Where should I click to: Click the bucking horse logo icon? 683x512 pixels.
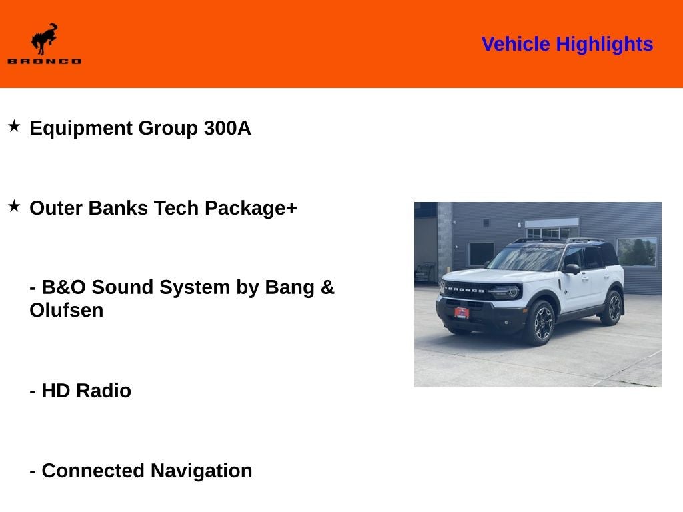tap(44, 39)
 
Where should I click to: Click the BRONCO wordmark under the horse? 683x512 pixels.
tap(44, 61)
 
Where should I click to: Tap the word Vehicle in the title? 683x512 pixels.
tap(516, 45)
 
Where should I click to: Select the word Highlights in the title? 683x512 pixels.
tap(604, 45)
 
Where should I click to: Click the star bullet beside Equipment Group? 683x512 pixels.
tap(14, 126)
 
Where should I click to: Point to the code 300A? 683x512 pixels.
tap(227, 128)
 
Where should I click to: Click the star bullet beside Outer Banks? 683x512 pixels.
tap(14, 206)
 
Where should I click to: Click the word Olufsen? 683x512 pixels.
tap(67, 311)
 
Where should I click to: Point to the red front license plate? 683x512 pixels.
tap(462, 311)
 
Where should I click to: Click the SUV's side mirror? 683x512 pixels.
tap(572, 269)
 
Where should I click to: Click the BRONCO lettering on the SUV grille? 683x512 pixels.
tap(466, 289)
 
